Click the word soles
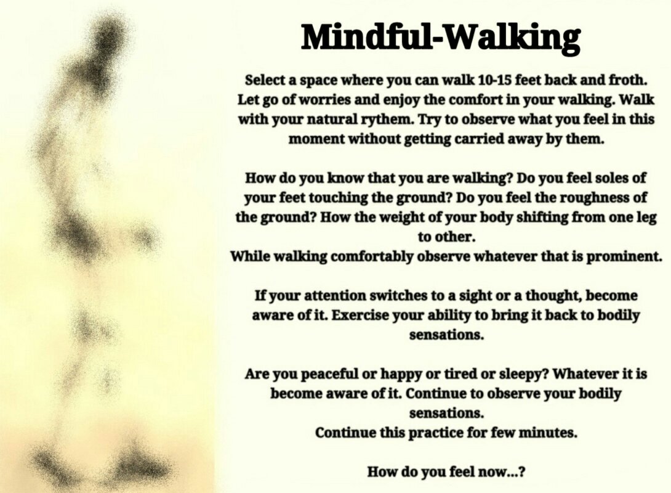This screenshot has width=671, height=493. tap(615, 178)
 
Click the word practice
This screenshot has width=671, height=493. tap(431, 433)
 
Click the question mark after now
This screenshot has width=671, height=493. tap(522, 473)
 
